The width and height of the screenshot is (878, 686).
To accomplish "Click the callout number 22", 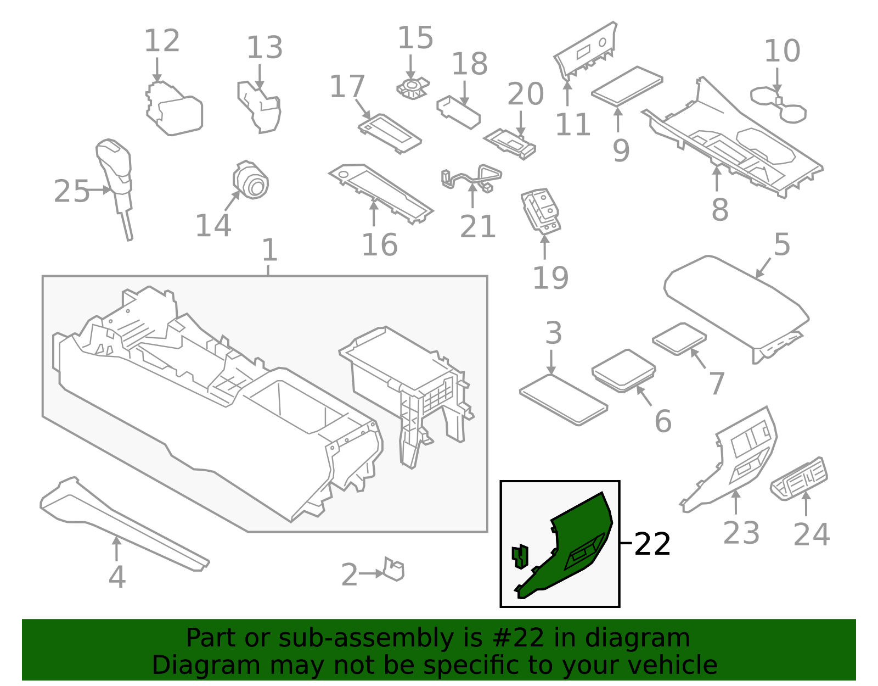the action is coord(652,544).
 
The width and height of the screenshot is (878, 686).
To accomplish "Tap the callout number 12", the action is coord(162,41).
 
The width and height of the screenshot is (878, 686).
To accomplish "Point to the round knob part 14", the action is coord(250,180).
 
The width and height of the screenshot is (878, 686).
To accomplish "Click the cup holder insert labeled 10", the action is coord(778,104).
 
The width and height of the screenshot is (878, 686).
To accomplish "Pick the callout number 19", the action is coord(551,278).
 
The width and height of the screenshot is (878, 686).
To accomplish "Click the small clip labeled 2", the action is coord(393,569).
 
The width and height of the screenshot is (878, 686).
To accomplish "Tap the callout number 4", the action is coord(117,577).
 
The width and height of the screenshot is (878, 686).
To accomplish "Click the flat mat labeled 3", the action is coord(563,400).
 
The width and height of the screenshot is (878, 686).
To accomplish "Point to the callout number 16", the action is coord(380,245).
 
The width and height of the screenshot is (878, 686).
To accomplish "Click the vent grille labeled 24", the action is coord(799,478).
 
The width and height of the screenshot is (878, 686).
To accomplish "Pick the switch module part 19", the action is coord(541,211).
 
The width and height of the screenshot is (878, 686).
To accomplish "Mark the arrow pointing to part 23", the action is coord(736,502).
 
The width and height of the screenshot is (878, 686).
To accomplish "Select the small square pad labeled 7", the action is coord(679,339).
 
